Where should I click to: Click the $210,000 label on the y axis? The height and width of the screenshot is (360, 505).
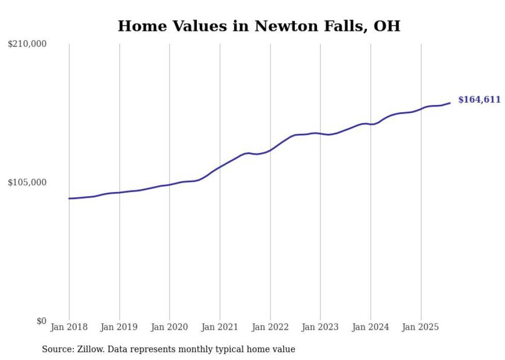(x=27, y=44)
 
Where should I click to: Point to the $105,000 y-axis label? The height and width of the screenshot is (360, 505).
(x=27, y=182)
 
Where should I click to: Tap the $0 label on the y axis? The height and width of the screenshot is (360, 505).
(x=41, y=321)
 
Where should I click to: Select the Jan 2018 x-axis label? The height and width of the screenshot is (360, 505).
(x=69, y=327)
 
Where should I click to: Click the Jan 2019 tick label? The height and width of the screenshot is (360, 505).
(x=120, y=327)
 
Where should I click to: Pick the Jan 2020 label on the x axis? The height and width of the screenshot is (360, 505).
(x=170, y=327)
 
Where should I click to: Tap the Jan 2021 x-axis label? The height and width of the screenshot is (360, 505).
(x=220, y=327)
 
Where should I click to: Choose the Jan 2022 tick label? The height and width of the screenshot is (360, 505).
(x=270, y=327)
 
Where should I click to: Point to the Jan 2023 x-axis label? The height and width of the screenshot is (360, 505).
(x=320, y=327)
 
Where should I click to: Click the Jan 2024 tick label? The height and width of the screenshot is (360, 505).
(x=371, y=327)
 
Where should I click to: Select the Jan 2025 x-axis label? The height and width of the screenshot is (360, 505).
(x=421, y=327)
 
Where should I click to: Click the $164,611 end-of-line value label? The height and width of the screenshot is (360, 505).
(x=479, y=100)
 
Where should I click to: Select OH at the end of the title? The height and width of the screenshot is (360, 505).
(x=386, y=26)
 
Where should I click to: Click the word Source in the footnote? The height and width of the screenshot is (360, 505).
(x=57, y=349)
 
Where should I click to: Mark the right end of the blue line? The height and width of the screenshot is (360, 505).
(x=450, y=103)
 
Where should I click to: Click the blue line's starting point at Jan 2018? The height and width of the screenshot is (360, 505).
(x=69, y=198)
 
